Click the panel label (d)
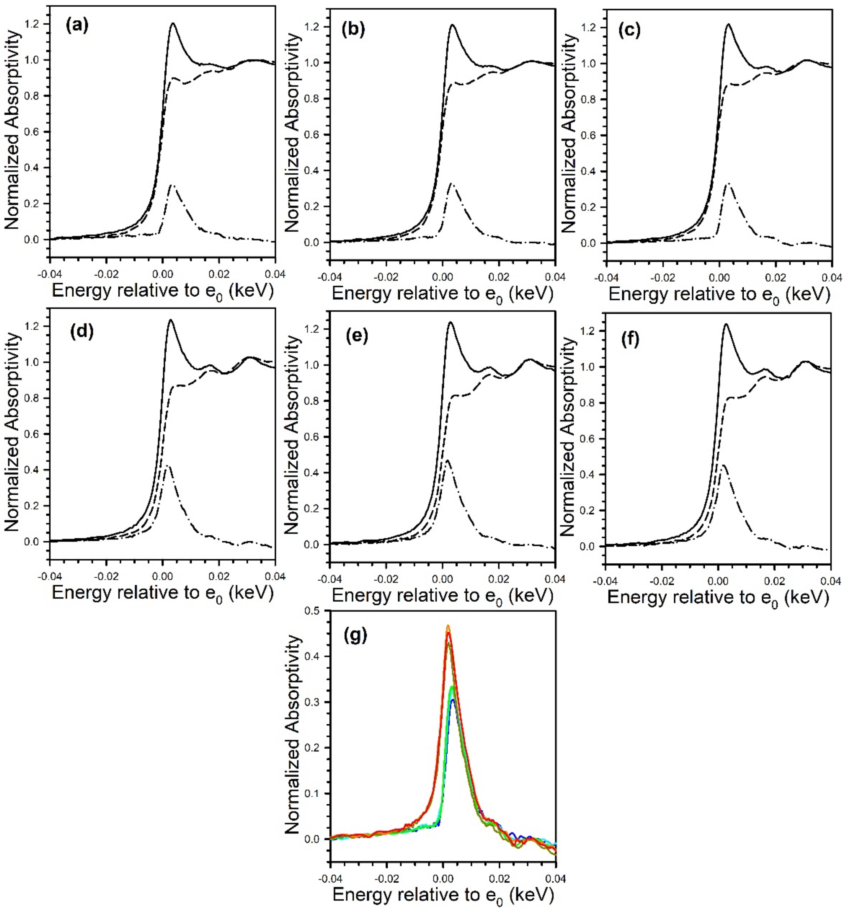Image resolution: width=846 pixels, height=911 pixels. (81, 331)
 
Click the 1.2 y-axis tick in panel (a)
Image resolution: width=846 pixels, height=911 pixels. (33, 24)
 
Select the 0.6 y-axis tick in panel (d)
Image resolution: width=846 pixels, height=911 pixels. (33, 434)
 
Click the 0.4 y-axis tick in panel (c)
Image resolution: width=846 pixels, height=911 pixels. (588, 171)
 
